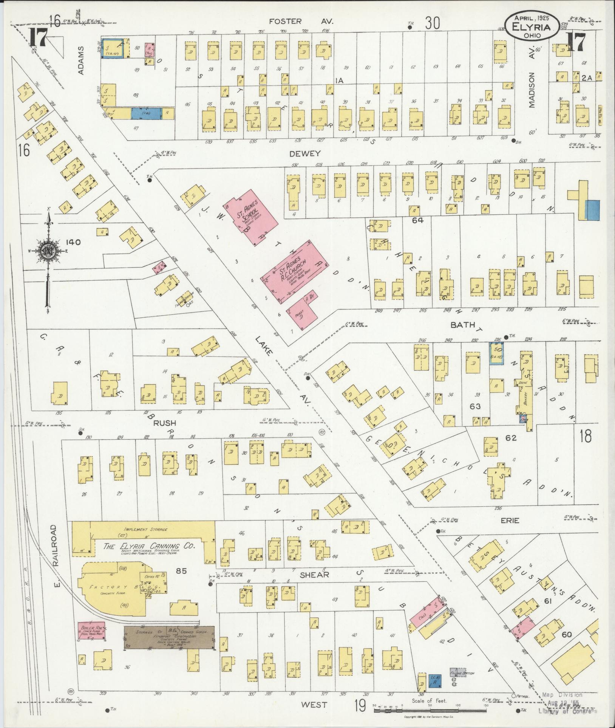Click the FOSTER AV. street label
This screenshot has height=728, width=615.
(x=301, y=22)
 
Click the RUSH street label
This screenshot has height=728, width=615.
(x=165, y=423)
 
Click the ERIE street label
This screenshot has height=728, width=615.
(x=511, y=521)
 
